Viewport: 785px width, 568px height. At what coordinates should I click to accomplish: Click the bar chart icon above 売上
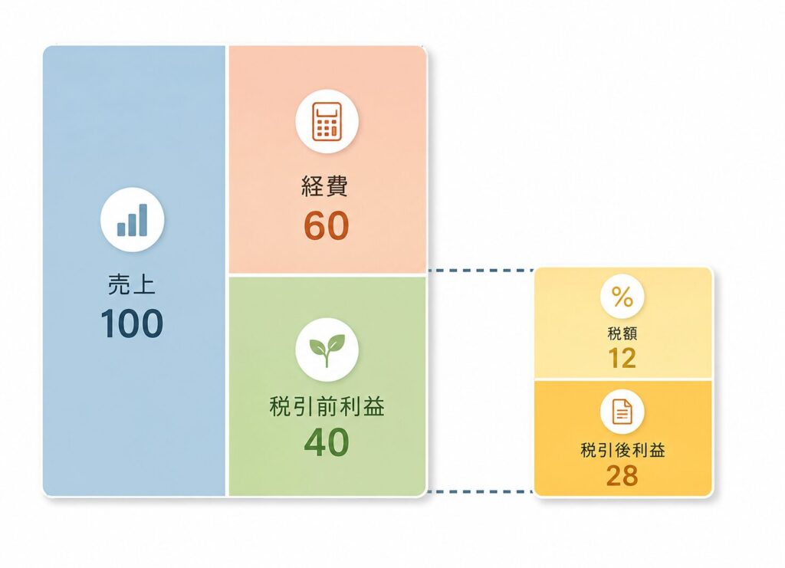(132, 220)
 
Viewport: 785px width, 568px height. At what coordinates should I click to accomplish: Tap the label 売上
(132, 284)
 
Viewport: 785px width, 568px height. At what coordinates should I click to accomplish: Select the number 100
(132, 323)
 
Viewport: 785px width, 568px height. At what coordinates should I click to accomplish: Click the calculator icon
(327, 121)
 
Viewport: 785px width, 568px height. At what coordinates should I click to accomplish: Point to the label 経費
(325, 186)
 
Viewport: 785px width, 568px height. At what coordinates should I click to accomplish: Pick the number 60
(327, 225)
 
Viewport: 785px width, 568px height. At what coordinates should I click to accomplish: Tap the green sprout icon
(327, 350)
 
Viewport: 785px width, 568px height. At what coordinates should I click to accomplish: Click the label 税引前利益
(327, 405)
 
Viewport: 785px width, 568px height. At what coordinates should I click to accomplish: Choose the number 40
(327, 442)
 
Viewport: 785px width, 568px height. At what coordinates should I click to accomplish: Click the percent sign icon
(622, 297)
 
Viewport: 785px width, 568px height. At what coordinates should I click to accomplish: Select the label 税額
(622, 333)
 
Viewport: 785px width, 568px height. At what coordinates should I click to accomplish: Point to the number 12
(622, 358)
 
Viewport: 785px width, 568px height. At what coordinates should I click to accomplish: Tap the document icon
(622, 412)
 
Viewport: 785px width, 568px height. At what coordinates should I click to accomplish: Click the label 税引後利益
(622, 450)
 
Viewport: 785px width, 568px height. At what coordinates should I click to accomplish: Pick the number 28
(622, 475)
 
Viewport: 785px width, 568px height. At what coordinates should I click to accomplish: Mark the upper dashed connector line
(481, 271)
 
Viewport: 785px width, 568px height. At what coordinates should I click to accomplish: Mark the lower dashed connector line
(481, 491)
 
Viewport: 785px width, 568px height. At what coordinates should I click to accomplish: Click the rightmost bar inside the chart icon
(143, 220)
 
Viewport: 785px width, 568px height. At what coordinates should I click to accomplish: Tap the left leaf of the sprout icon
(317, 345)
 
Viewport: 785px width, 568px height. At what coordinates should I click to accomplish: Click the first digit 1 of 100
(108, 323)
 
